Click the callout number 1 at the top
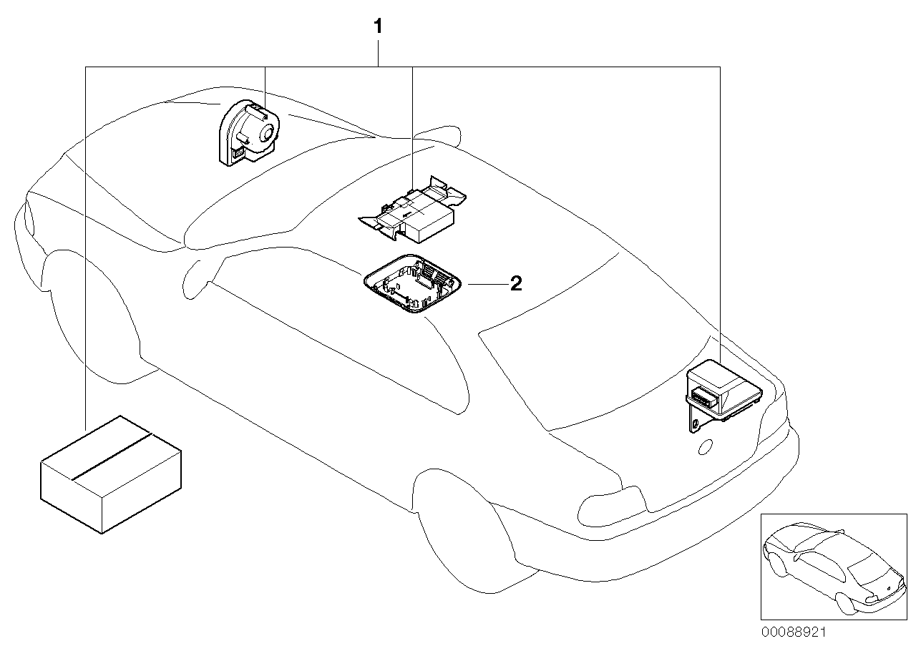tap(378, 28)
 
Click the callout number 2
tap(516, 284)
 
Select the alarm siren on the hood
tap(247, 132)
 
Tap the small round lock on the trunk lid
tap(704, 447)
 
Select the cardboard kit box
tap(110, 474)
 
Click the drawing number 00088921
tap(794, 633)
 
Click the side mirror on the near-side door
tap(193, 279)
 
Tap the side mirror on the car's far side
tap(437, 136)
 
